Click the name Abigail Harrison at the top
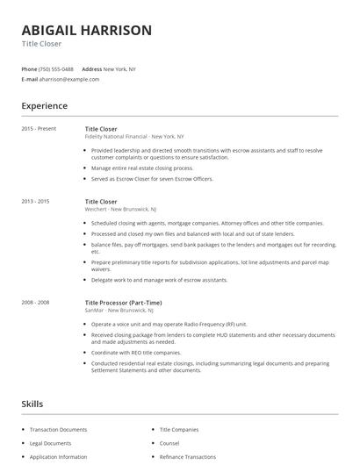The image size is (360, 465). (x=86, y=30)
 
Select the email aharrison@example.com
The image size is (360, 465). (x=69, y=79)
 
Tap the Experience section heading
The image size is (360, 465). (x=44, y=106)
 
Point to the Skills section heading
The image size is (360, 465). (x=32, y=404)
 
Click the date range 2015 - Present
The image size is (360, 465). (x=38, y=129)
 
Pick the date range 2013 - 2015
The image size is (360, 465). (x=36, y=202)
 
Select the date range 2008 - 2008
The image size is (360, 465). (x=36, y=302)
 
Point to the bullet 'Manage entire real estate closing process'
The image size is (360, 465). (x=141, y=168)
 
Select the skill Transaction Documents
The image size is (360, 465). (x=58, y=429)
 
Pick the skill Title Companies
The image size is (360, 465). (x=179, y=429)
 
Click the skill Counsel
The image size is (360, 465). (x=169, y=443)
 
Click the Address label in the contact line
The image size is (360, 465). (x=91, y=68)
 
